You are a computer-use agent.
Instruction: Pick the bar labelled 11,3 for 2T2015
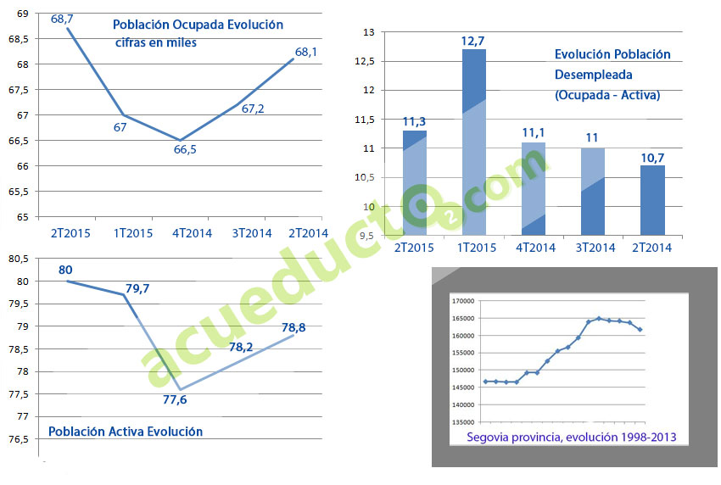414,182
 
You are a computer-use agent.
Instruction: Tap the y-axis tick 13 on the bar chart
368,31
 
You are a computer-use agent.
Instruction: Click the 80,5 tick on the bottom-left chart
19,259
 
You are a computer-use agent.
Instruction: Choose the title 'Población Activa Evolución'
126,432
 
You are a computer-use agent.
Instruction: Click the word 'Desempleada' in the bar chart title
588,75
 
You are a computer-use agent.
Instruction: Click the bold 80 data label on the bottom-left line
65,270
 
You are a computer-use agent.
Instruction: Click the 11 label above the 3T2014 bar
592,137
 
